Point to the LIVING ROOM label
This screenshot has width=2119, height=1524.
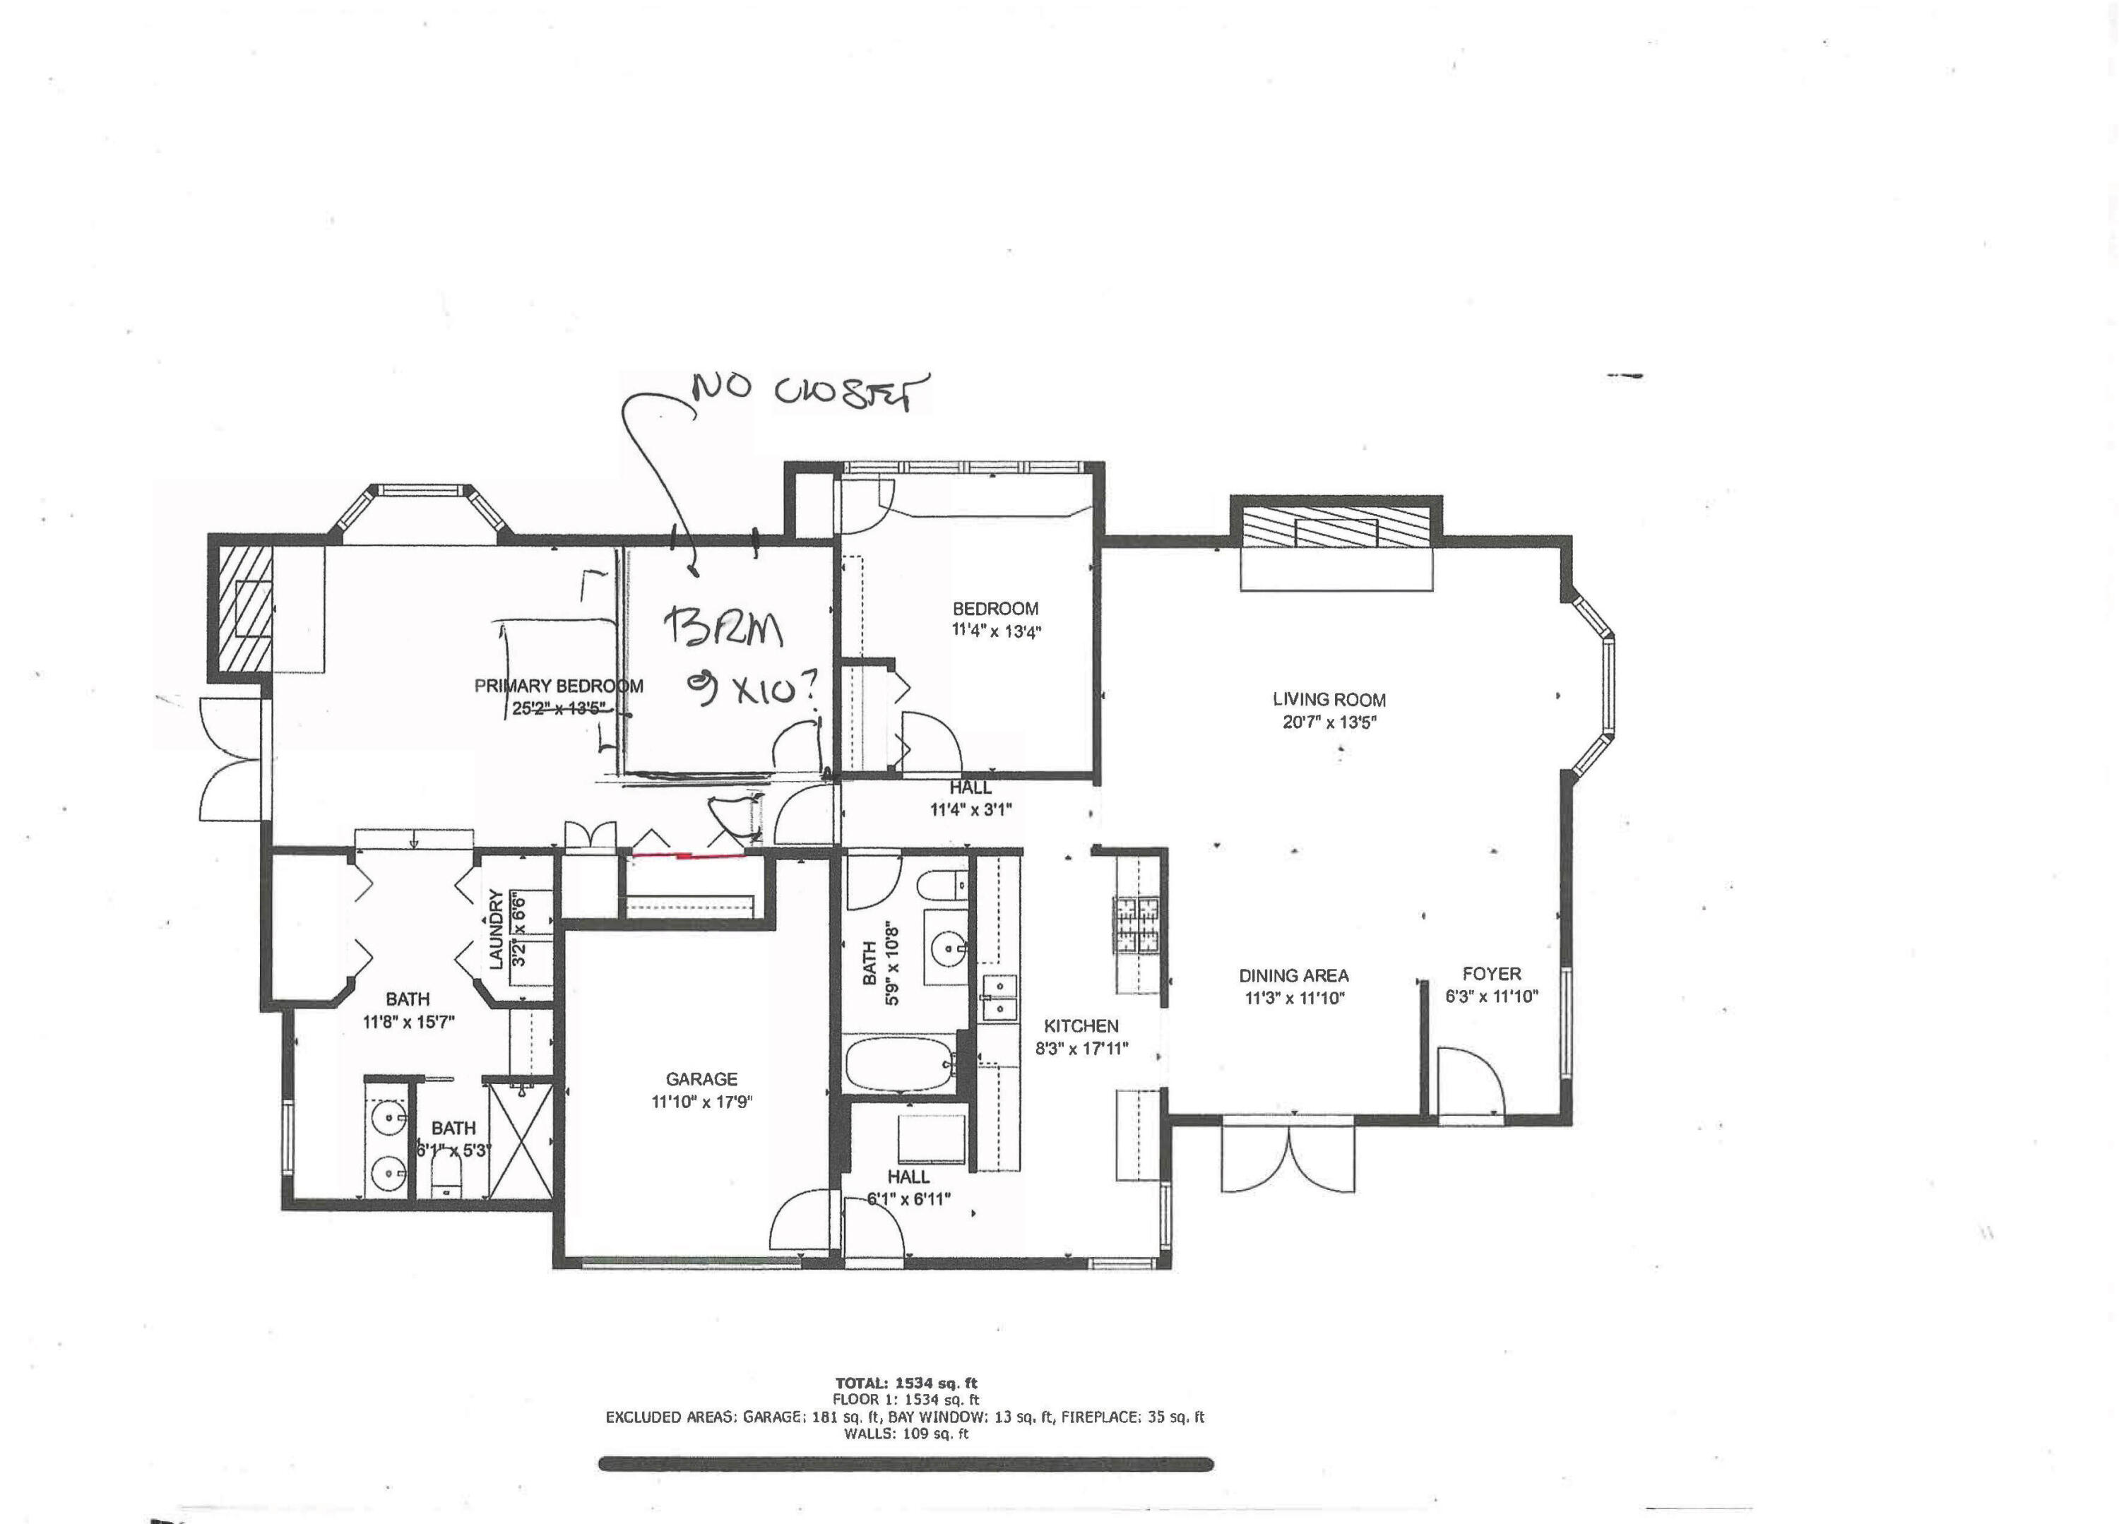(x=1329, y=700)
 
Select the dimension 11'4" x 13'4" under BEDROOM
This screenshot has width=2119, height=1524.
(x=996, y=631)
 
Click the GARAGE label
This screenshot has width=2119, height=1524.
(x=701, y=1079)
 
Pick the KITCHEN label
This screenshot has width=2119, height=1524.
(x=1081, y=1026)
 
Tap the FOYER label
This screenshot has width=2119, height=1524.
(x=1491, y=974)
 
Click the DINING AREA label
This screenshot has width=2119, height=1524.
(x=1293, y=975)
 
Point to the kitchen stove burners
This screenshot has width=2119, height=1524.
(x=1134, y=925)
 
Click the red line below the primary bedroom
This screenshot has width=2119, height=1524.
(x=689, y=854)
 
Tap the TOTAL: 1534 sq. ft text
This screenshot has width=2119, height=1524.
(x=906, y=1383)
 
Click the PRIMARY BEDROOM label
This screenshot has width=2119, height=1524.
(x=559, y=686)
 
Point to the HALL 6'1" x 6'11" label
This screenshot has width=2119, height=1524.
(x=908, y=1177)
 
